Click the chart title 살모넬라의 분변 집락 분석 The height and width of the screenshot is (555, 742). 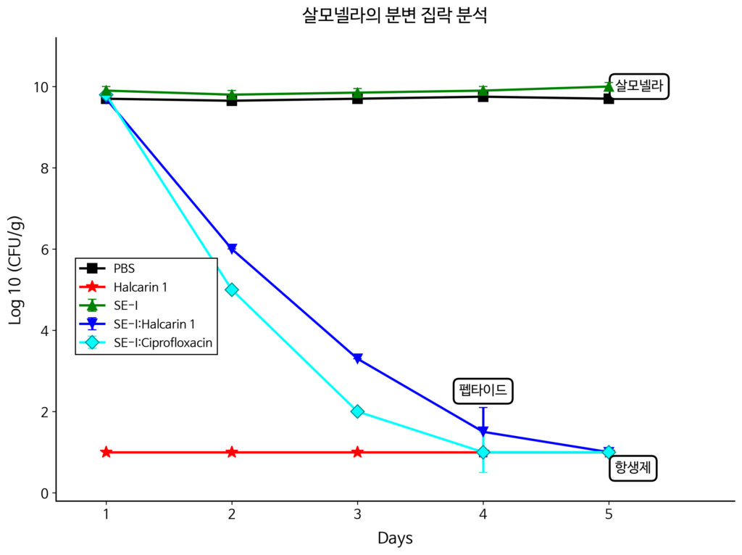coord(395,16)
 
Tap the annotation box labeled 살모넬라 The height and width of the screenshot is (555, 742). coord(639,87)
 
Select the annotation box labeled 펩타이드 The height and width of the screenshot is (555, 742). coord(483,391)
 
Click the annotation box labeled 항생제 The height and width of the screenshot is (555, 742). coord(632,468)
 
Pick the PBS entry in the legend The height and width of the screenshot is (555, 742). coord(124,268)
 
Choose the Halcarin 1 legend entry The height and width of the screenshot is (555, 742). coord(140,287)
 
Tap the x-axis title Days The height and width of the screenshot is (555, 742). coord(395,538)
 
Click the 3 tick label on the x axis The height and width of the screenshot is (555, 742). coord(357,514)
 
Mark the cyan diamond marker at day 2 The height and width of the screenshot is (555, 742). coord(232,289)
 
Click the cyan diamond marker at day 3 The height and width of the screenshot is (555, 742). coord(357,411)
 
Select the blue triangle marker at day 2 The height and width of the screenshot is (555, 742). coord(232,249)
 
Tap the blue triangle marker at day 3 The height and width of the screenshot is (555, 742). coord(357,358)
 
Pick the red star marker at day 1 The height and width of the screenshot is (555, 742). coord(107,452)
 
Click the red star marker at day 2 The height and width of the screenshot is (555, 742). coord(232,452)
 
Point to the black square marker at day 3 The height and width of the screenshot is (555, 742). coord(357,99)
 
